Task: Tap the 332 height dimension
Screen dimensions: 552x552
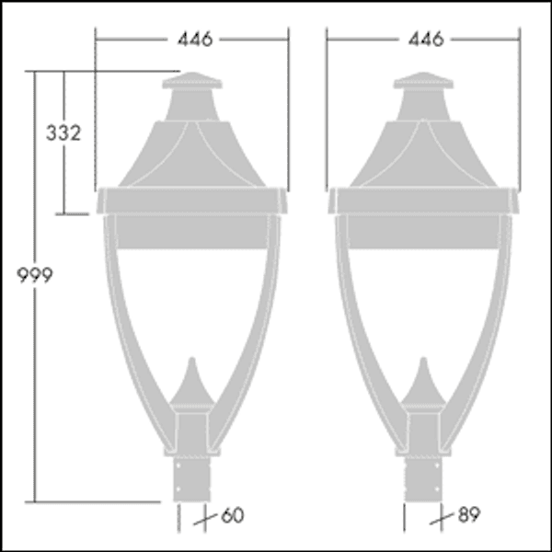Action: click(x=63, y=132)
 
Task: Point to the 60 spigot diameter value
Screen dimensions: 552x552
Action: click(x=233, y=515)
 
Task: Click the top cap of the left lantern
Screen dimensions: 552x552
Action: click(x=192, y=84)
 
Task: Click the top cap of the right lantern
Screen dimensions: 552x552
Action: click(x=423, y=84)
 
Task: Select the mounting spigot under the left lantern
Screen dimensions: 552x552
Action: click(x=192, y=478)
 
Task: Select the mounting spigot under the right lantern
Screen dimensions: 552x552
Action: click(x=423, y=478)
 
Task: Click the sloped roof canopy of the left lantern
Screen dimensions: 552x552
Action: click(x=192, y=152)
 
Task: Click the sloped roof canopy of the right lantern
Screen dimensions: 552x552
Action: click(x=423, y=152)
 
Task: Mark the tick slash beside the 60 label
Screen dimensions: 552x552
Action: click(x=209, y=517)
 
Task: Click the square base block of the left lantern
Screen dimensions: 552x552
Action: click(x=192, y=428)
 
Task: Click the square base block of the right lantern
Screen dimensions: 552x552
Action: click(x=423, y=428)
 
